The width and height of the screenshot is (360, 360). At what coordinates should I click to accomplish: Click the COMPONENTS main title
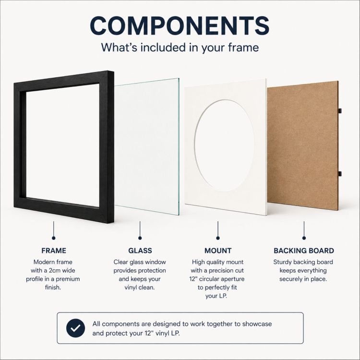click(x=180, y=26)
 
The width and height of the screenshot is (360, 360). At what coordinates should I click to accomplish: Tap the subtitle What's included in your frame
click(x=180, y=48)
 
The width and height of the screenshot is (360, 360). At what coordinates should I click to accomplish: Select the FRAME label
click(x=54, y=251)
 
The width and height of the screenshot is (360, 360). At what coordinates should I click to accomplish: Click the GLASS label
click(x=140, y=251)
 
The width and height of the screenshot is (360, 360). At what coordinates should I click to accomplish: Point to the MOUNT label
click(x=218, y=251)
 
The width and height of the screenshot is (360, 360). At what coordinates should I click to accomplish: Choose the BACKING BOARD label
click(x=304, y=251)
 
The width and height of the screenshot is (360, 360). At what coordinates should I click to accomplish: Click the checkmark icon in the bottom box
click(x=75, y=328)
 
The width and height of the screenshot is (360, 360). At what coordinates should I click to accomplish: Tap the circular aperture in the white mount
click(x=225, y=145)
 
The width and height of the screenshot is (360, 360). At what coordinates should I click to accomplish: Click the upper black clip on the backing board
click(x=340, y=111)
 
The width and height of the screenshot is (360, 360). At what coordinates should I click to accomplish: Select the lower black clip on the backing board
click(x=340, y=174)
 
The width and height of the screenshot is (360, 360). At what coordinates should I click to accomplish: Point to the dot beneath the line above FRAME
click(x=54, y=238)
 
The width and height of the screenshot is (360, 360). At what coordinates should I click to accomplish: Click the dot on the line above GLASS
click(x=140, y=238)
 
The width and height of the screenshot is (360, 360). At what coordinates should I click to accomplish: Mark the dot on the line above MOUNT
click(x=218, y=238)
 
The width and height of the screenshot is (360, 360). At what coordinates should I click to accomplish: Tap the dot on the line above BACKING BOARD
click(x=304, y=238)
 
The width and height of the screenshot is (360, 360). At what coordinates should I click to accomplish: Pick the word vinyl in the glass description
click(x=131, y=288)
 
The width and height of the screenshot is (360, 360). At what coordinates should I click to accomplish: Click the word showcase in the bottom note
click(x=257, y=324)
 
